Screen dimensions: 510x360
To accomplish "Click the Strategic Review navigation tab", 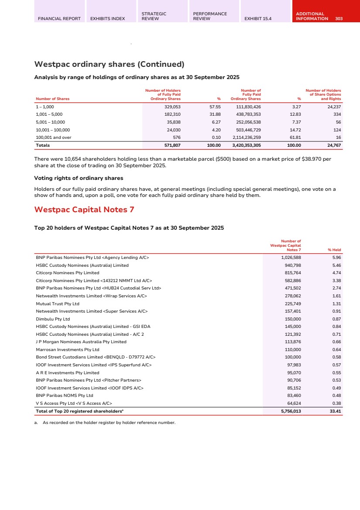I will (154, 16).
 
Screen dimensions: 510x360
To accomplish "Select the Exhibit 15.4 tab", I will (258, 19).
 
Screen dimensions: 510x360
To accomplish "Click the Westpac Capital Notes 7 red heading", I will (84, 210).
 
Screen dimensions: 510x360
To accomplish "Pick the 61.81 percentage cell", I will (295, 137).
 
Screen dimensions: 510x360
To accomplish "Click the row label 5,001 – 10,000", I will (50, 122).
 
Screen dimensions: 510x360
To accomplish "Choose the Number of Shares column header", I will (52, 99).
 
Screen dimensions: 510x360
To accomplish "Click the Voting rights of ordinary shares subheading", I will (79, 178).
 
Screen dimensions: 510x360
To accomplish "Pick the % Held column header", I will (334, 250).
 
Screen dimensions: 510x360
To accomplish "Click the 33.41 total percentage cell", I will (334, 411).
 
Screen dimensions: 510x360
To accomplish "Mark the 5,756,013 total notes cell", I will (288, 411).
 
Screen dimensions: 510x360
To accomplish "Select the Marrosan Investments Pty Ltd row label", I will (68, 349).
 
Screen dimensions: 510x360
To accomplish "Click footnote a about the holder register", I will (105, 422).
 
